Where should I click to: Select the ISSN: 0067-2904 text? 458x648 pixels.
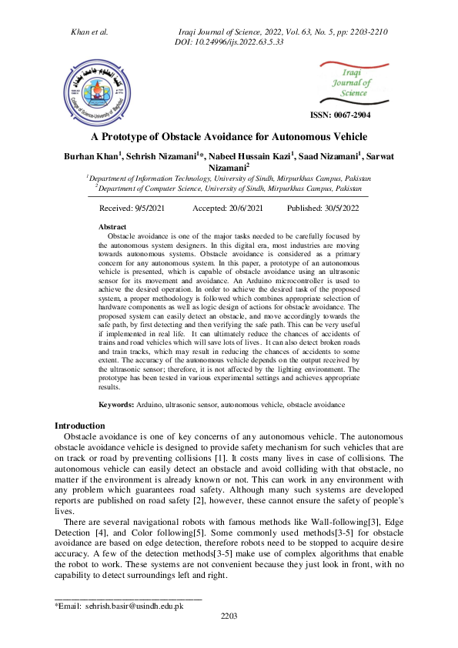coord(339,115)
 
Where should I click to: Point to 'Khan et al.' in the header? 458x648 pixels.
coord(89,32)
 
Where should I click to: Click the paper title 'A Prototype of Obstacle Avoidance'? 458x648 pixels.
coord(229,136)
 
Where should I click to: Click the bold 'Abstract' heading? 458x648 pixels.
coord(113,227)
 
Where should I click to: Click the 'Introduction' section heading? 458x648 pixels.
coord(79,426)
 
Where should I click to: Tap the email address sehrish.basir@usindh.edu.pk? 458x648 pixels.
coord(134,606)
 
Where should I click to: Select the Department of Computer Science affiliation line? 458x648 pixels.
coord(228,187)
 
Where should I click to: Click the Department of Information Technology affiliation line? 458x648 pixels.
coord(228,177)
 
